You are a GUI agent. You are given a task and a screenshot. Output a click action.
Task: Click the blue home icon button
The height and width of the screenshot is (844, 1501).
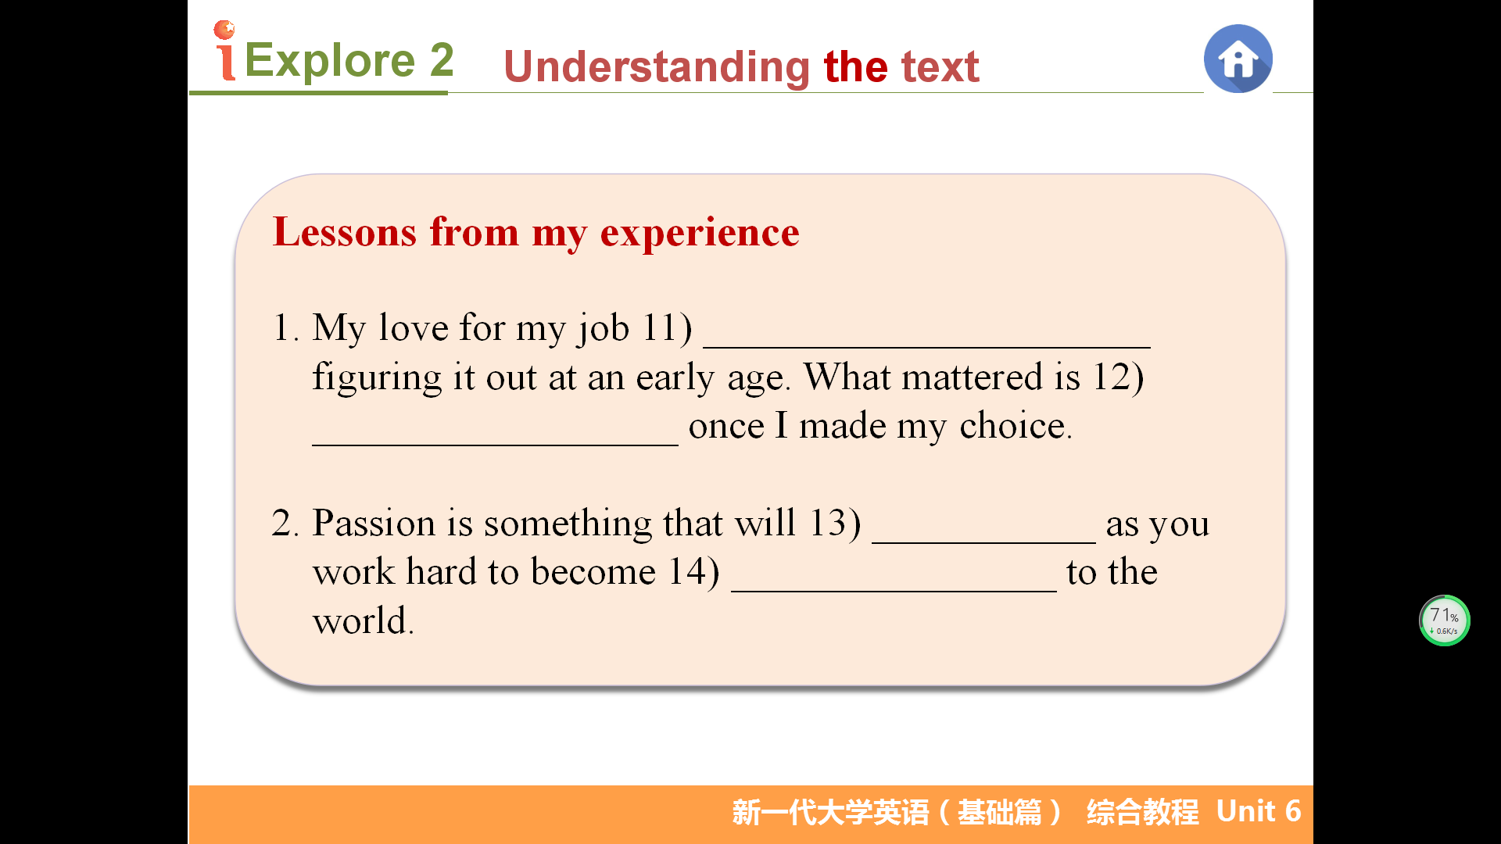1238,59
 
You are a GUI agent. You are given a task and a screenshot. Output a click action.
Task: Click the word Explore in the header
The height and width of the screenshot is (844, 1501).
329,60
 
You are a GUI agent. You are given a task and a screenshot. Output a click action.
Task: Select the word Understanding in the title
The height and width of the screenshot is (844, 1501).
657,67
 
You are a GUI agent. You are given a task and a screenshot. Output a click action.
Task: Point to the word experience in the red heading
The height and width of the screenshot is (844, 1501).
700,234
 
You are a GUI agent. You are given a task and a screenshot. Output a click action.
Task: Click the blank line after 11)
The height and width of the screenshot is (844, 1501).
926,346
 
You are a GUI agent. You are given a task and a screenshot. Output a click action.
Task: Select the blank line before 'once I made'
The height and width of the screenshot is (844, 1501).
495,445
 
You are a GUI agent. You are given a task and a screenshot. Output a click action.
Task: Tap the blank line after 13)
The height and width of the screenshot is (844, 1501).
983,542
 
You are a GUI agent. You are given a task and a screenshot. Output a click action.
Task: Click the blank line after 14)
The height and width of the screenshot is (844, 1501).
894,591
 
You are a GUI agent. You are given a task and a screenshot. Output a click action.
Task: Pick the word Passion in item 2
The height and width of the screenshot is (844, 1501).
374,523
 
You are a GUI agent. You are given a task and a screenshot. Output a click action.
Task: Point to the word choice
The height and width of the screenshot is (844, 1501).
1016,426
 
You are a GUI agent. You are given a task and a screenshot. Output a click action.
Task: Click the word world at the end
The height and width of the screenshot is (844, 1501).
363,621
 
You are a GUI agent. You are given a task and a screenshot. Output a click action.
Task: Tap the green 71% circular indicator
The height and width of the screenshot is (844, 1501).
1444,620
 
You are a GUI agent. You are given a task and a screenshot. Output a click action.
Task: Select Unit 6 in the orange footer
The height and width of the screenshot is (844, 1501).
1259,812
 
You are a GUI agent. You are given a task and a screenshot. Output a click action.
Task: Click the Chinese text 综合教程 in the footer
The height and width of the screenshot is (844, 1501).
1142,813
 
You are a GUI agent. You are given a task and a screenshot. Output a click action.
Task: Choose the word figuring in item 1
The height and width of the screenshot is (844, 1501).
377,378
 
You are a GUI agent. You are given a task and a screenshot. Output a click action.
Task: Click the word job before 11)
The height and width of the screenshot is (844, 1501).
604,329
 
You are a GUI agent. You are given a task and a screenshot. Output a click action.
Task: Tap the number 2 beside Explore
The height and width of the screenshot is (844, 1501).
442,60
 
